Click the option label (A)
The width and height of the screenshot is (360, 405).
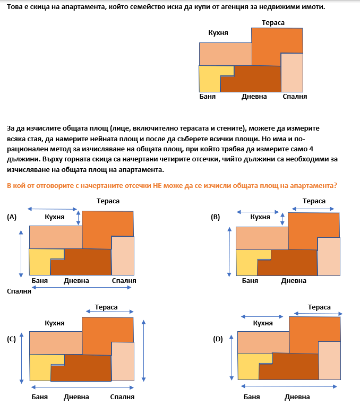[12, 217]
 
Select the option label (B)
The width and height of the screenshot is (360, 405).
[215, 217]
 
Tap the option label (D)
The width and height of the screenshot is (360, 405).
[218, 338]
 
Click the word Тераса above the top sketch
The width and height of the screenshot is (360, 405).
[273, 23]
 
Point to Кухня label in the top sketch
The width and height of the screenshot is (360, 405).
[218, 33]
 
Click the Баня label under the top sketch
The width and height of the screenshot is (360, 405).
[207, 97]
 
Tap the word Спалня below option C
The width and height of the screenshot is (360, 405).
[122, 397]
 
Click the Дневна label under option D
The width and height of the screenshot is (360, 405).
[297, 397]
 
